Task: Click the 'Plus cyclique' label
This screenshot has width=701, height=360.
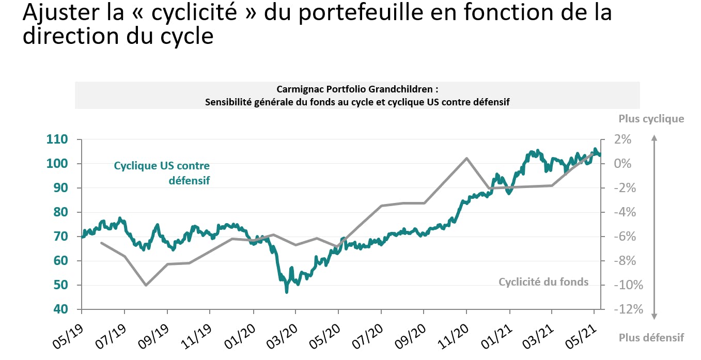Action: coord(651,119)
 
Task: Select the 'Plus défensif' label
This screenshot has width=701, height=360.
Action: coord(651,338)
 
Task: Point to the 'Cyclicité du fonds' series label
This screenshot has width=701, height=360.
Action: coord(543,282)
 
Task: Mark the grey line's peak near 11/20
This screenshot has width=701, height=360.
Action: coord(466,158)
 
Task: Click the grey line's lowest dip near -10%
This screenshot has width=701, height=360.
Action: coord(146,285)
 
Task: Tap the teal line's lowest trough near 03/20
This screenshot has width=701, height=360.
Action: coord(286,292)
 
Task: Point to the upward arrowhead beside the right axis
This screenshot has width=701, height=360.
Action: coord(654,138)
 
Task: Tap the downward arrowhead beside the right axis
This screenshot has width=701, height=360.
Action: coord(654,316)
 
